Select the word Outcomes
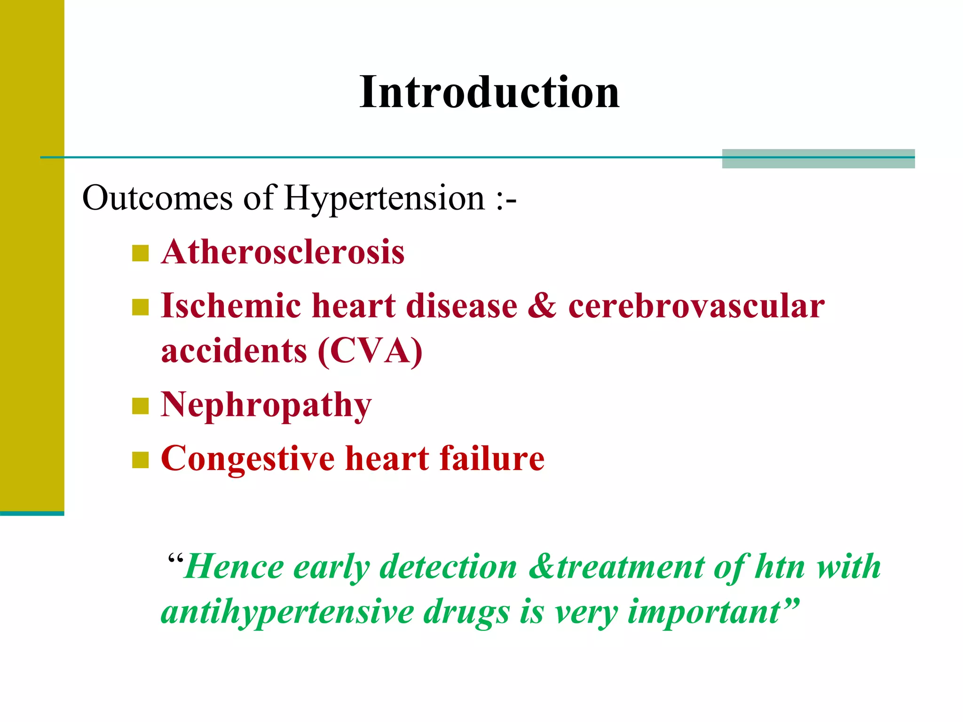(157, 198)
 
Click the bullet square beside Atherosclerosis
(140, 253)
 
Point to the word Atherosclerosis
(283, 252)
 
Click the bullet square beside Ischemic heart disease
(140, 307)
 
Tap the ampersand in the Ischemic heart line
(542, 306)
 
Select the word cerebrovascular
(696, 306)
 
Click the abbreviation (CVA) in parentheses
(370, 351)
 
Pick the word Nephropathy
(266, 405)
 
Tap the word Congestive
(248, 459)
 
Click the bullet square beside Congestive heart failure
(140, 460)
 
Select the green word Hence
(234, 567)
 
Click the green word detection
(448, 567)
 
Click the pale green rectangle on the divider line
(818, 158)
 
